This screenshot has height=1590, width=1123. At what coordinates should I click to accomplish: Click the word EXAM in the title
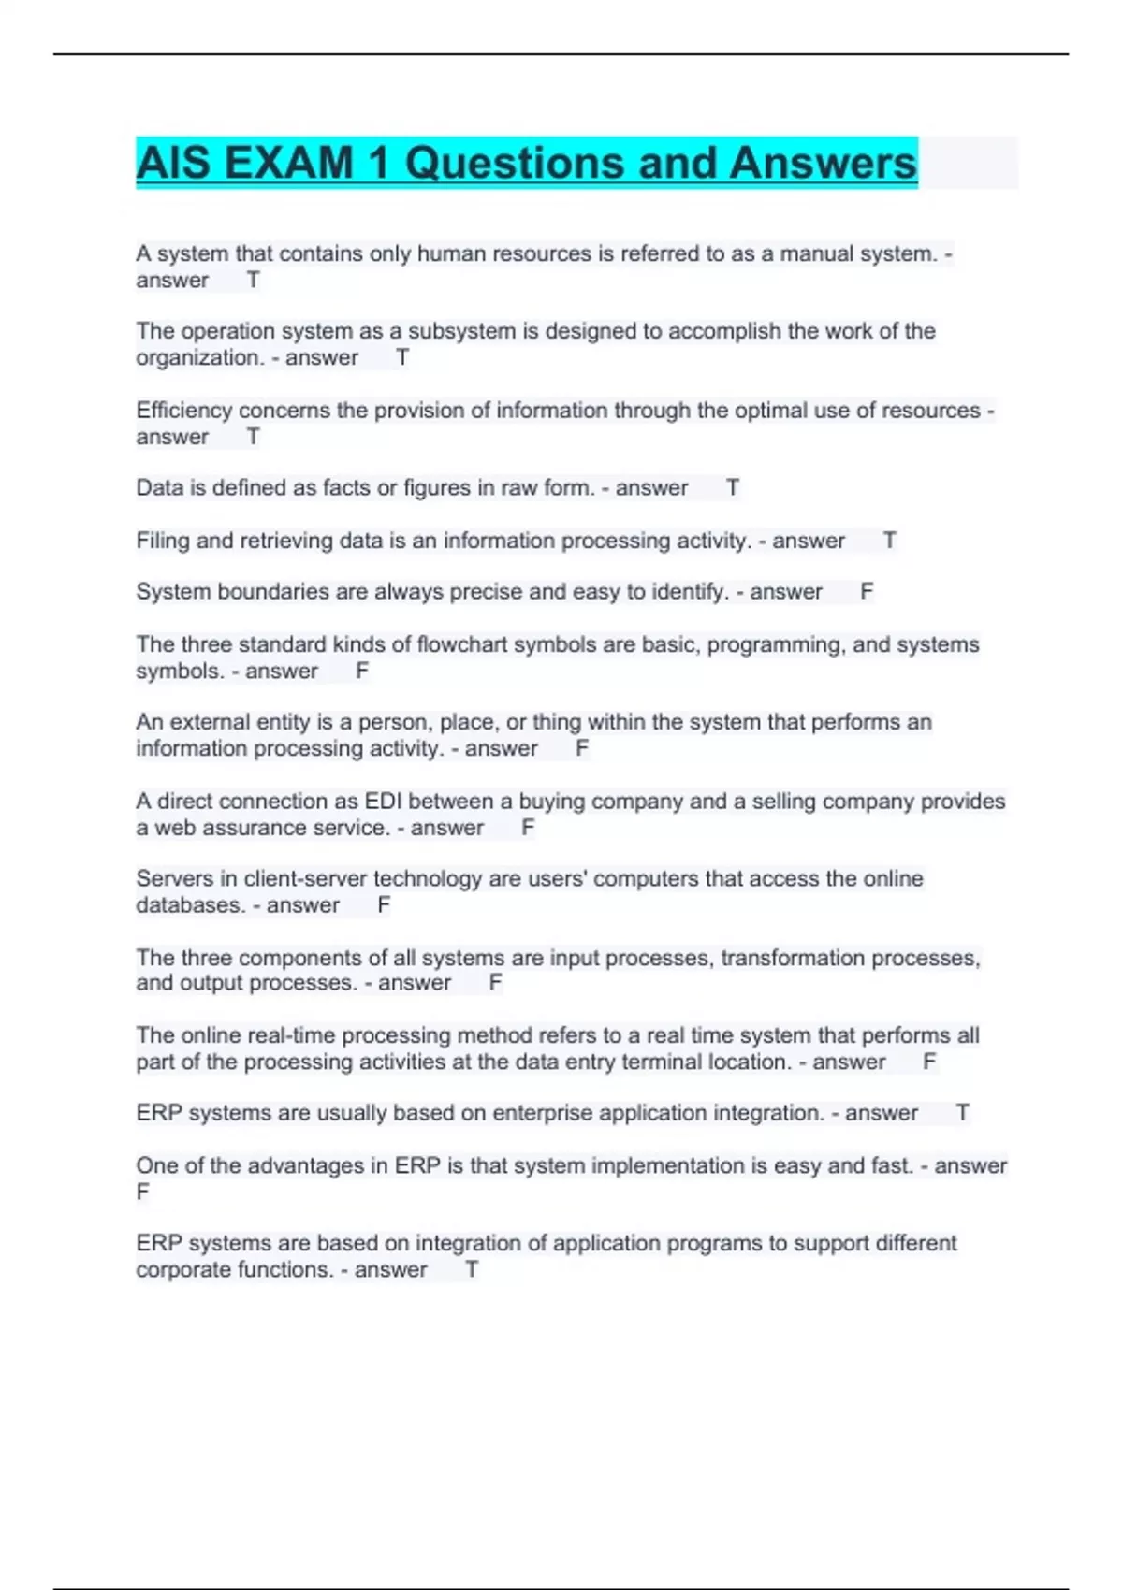pyautogui.click(x=289, y=164)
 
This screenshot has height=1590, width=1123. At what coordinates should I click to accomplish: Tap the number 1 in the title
pyautogui.click(x=378, y=164)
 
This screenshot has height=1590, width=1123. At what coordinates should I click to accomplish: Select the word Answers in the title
pyautogui.click(x=823, y=164)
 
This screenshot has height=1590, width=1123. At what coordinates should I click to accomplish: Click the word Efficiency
pyautogui.click(x=183, y=411)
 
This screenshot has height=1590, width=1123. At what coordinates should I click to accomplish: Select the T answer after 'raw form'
pyautogui.click(x=733, y=488)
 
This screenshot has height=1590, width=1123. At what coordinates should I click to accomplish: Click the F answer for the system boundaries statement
pyautogui.click(x=867, y=592)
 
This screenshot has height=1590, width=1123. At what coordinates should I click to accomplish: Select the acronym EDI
pyautogui.click(x=383, y=802)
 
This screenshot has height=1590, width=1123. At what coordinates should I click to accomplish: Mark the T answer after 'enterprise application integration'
pyautogui.click(x=962, y=1113)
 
